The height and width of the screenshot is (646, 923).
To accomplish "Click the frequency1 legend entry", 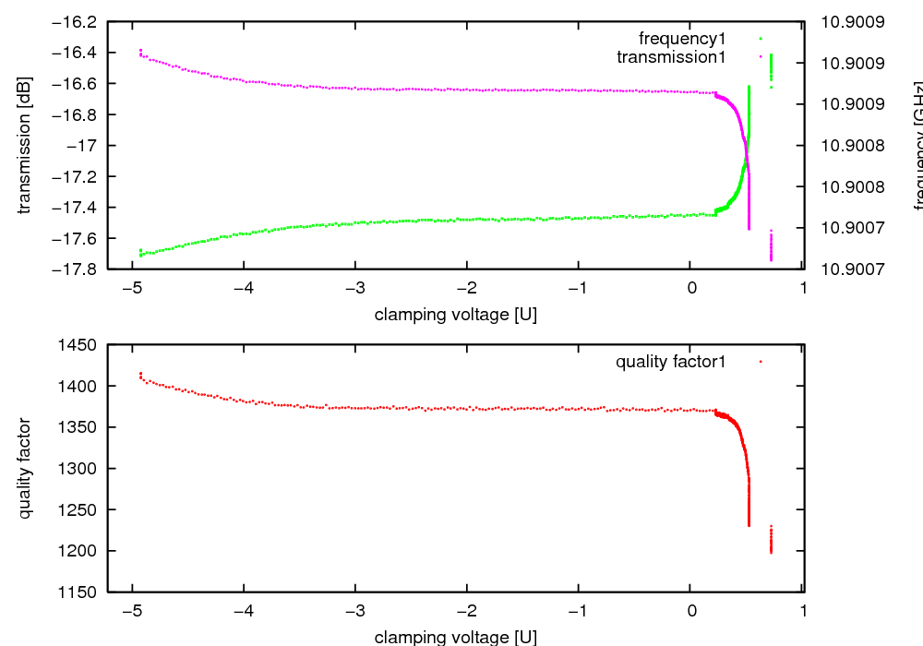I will (x=682, y=39).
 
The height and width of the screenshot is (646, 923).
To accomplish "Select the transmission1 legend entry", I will (x=671, y=57).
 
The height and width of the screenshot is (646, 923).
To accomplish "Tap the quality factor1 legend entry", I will (x=671, y=362).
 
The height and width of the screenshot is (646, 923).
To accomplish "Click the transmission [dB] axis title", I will (x=25, y=145).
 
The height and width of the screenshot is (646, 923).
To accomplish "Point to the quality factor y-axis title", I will (x=25, y=468).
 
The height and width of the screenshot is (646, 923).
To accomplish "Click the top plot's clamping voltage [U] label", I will (x=456, y=315).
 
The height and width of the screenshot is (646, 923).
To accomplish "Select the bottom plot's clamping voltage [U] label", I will (x=456, y=637).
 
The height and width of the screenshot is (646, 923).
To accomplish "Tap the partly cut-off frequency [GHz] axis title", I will (x=917, y=145).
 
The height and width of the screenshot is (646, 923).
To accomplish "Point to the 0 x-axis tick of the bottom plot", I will (x=691, y=611).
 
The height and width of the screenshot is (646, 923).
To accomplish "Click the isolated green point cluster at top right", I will (x=771, y=68).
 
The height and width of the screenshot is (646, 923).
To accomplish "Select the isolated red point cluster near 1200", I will (x=771, y=540).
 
